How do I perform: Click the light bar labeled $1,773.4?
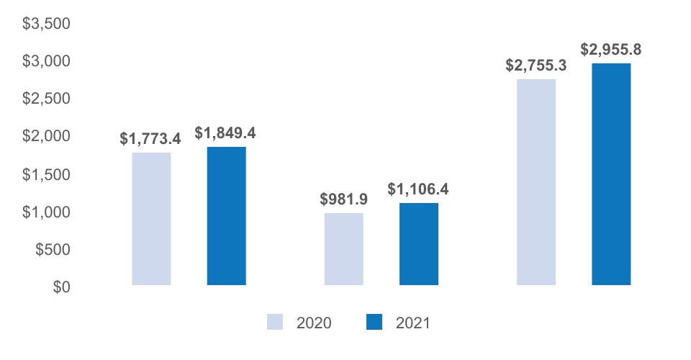(x=151, y=219)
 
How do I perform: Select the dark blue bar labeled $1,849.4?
(x=227, y=216)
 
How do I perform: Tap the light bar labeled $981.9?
(x=344, y=249)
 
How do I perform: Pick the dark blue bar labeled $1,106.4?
(x=419, y=244)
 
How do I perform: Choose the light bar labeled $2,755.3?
(x=536, y=182)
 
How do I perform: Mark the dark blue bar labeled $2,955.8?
(x=611, y=174)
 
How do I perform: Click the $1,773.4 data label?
(x=150, y=139)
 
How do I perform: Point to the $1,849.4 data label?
(x=225, y=132)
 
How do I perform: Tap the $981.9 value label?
(x=344, y=199)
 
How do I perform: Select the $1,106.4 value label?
(x=418, y=189)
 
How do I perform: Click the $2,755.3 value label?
(x=536, y=66)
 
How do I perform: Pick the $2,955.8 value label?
(x=611, y=50)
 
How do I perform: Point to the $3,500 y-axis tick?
(x=46, y=23)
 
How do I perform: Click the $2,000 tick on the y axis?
(x=46, y=135)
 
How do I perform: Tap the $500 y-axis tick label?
(x=53, y=249)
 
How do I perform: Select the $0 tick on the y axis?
(x=62, y=287)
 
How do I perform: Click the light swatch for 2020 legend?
(x=275, y=322)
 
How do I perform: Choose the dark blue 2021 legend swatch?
(x=374, y=322)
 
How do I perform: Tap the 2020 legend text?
(x=314, y=323)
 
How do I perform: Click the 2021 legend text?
(x=413, y=323)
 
